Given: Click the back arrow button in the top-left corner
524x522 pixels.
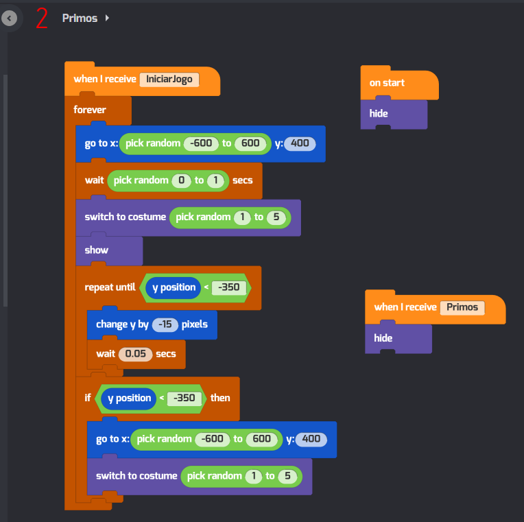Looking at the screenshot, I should pyautogui.click(x=10, y=19).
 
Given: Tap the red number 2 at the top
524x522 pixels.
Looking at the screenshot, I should pyautogui.click(x=42, y=19).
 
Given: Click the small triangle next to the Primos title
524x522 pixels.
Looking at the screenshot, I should pyautogui.click(x=107, y=18).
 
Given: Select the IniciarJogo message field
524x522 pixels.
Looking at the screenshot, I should pyautogui.click(x=169, y=79).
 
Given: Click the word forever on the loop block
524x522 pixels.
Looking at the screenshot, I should pyautogui.click(x=90, y=110).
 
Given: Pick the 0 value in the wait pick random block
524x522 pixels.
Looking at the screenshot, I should pyautogui.click(x=180, y=180).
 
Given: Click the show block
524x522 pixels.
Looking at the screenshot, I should pyautogui.click(x=97, y=250).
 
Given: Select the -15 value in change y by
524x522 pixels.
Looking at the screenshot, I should pyautogui.click(x=165, y=324).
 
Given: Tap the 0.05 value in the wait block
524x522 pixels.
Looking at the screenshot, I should pyautogui.click(x=136, y=354).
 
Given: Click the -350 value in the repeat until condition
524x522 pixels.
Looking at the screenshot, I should pyautogui.click(x=229, y=287).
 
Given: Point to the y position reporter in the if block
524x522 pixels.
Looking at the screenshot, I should pyautogui.click(x=129, y=398).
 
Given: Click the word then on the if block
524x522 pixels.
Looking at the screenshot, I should pyautogui.click(x=220, y=398).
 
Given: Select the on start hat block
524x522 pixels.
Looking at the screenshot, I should pyautogui.click(x=388, y=83).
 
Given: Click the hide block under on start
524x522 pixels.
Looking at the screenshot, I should pyautogui.click(x=379, y=113).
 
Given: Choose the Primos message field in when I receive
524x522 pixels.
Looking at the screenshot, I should pyautogui.click(x=462, y=307).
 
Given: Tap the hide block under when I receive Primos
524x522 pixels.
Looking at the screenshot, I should pyautogui.click(x=383, y=338).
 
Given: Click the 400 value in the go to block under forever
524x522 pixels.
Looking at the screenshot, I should pyautogui.click(x=300, y=143).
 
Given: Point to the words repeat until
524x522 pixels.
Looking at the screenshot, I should pyautogui.click(x=110, y=287).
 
